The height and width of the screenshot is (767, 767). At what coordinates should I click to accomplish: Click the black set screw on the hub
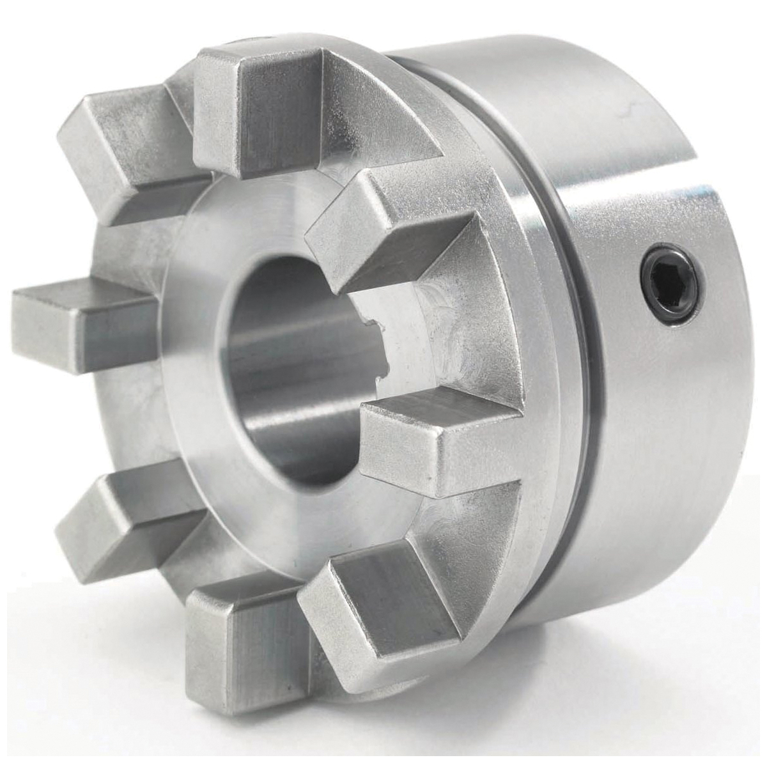tap(672, 284)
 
